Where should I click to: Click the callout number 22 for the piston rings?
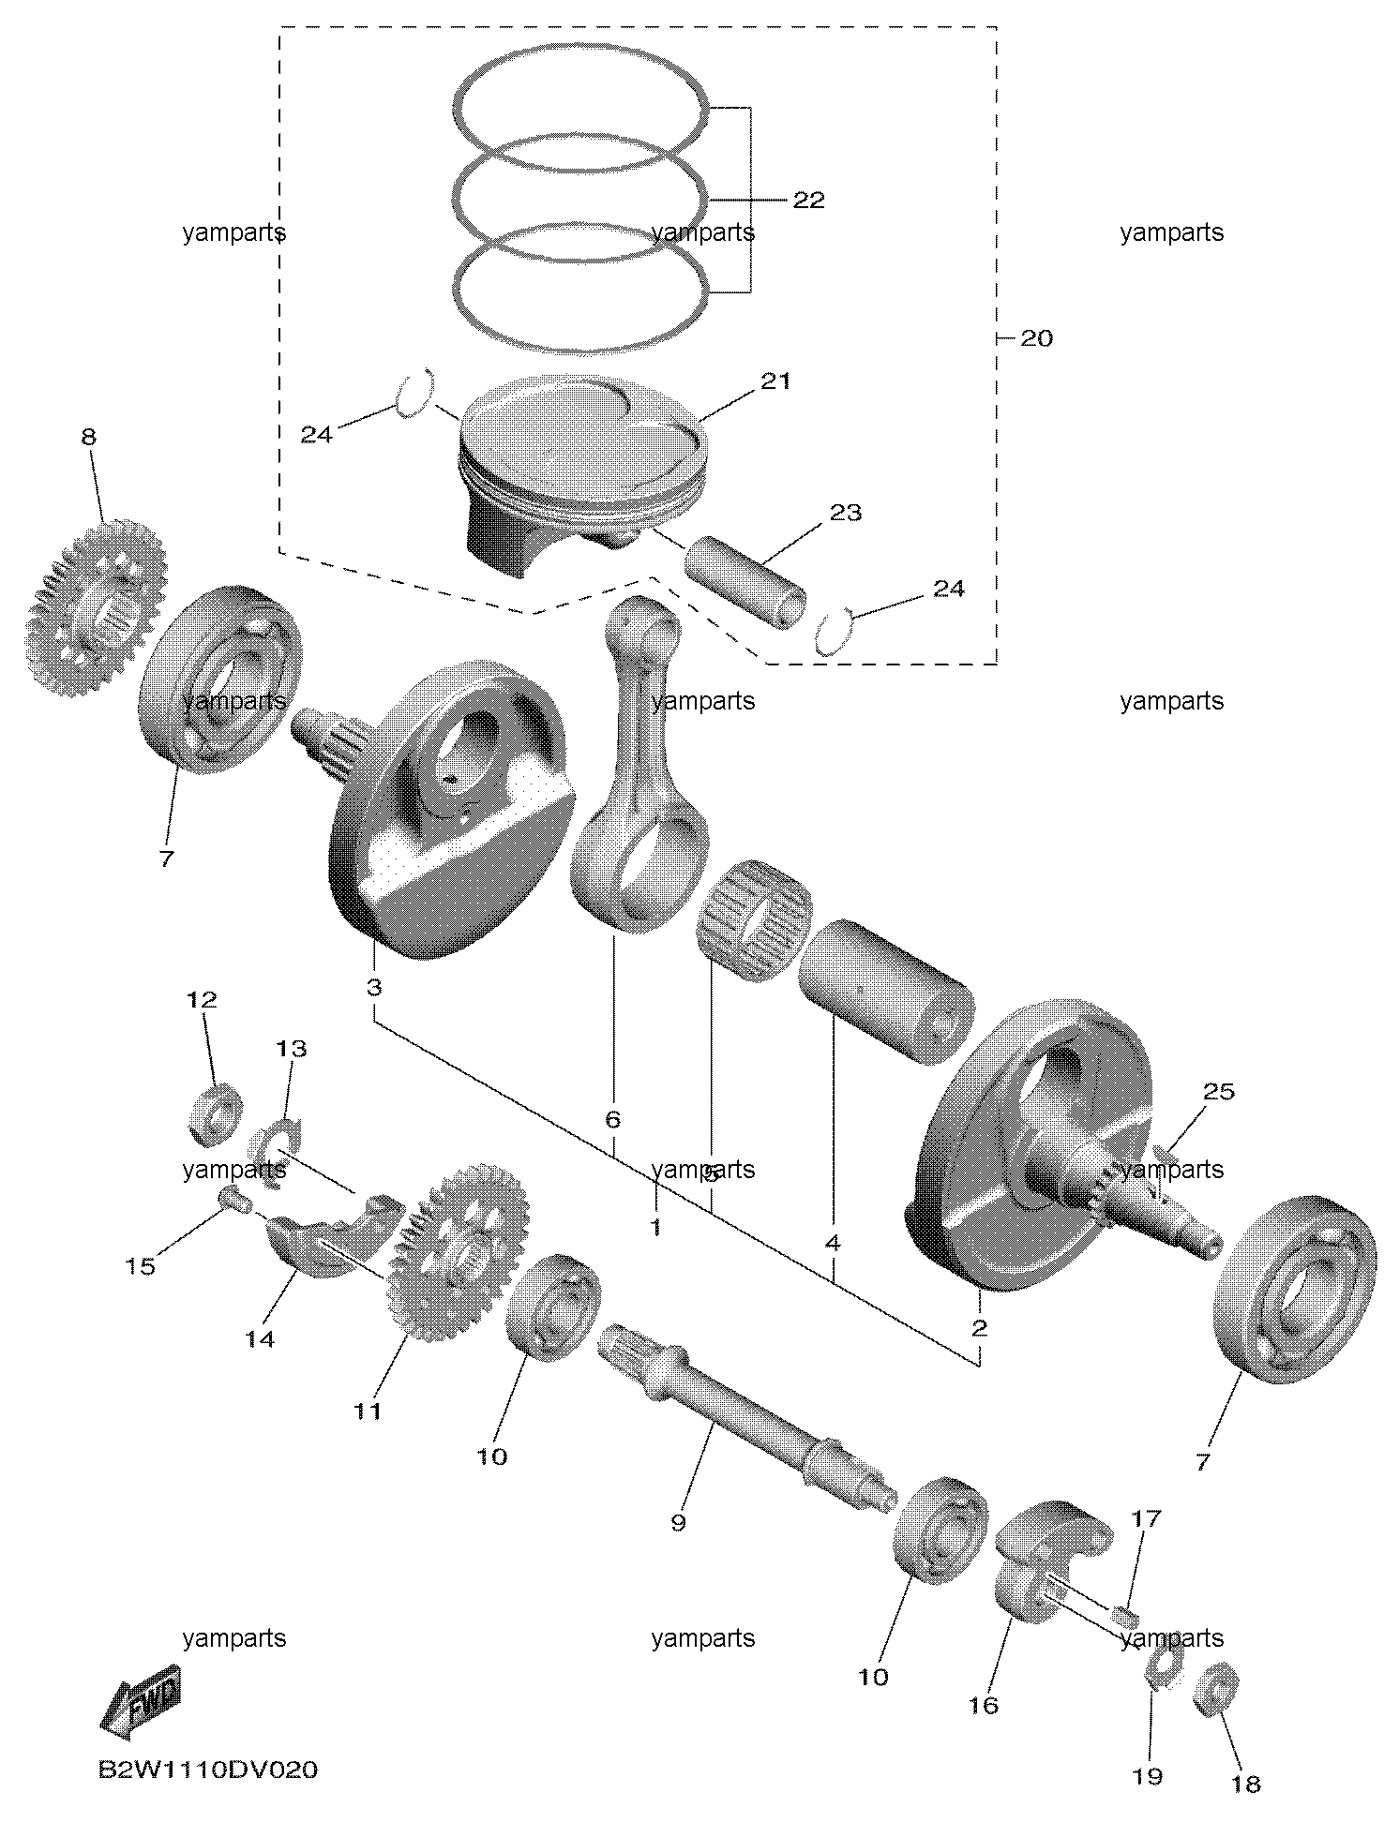[808, 200]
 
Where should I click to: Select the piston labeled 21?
[582, 469]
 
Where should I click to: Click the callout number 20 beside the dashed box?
[1036, 337]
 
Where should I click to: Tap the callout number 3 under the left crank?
[373, 987]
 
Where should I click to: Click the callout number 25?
[1219, 1092]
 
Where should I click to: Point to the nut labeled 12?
[215, 1113]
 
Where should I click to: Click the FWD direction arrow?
[140, 1696]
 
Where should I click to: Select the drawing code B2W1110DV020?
[207, 1770]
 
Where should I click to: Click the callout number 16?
[984, 1706]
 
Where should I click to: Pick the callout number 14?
[260, 1339]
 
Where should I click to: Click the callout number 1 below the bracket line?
[656, 1226]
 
